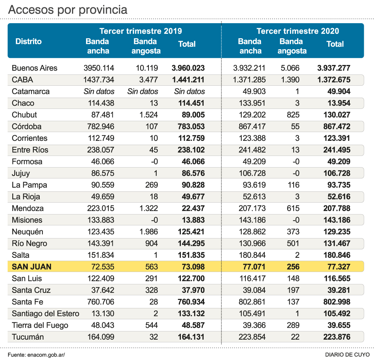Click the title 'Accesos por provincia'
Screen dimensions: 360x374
click(67, 10)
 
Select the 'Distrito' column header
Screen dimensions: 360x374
click(28, 41)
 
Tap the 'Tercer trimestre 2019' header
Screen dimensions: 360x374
click(140, 31)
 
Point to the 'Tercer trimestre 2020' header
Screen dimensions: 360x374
click(298, 31)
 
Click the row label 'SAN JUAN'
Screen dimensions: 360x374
click(32, 267)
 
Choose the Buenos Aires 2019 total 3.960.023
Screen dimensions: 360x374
click(188, 68)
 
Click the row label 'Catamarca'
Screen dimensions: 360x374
click(31, 91)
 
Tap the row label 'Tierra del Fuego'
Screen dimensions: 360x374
click(40, 325)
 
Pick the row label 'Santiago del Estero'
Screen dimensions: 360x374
click(45, 314)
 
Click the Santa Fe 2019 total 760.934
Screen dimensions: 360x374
click(188, 302)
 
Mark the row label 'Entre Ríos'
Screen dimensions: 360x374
click(30, 150)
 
